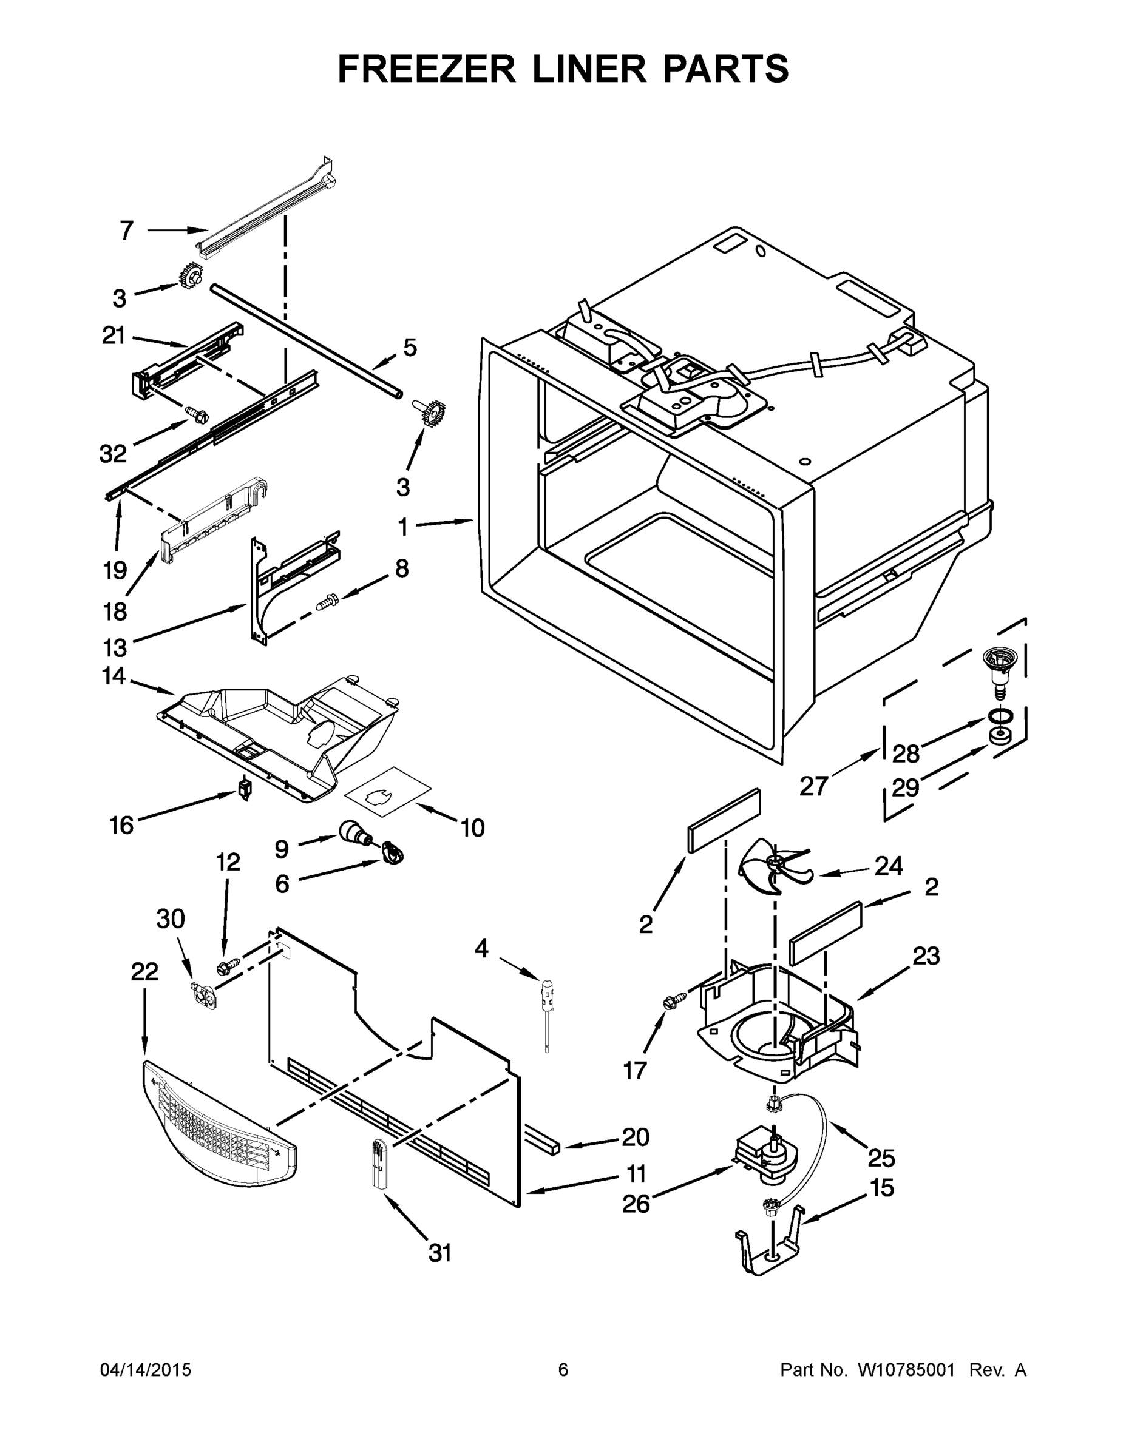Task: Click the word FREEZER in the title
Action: (x=426, y=69)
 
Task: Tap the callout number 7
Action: (x=127, y=231)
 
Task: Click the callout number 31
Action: (x=439, y=1253)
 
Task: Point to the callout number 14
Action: (x=114, y=676)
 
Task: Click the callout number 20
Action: (x=635, y=1137)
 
